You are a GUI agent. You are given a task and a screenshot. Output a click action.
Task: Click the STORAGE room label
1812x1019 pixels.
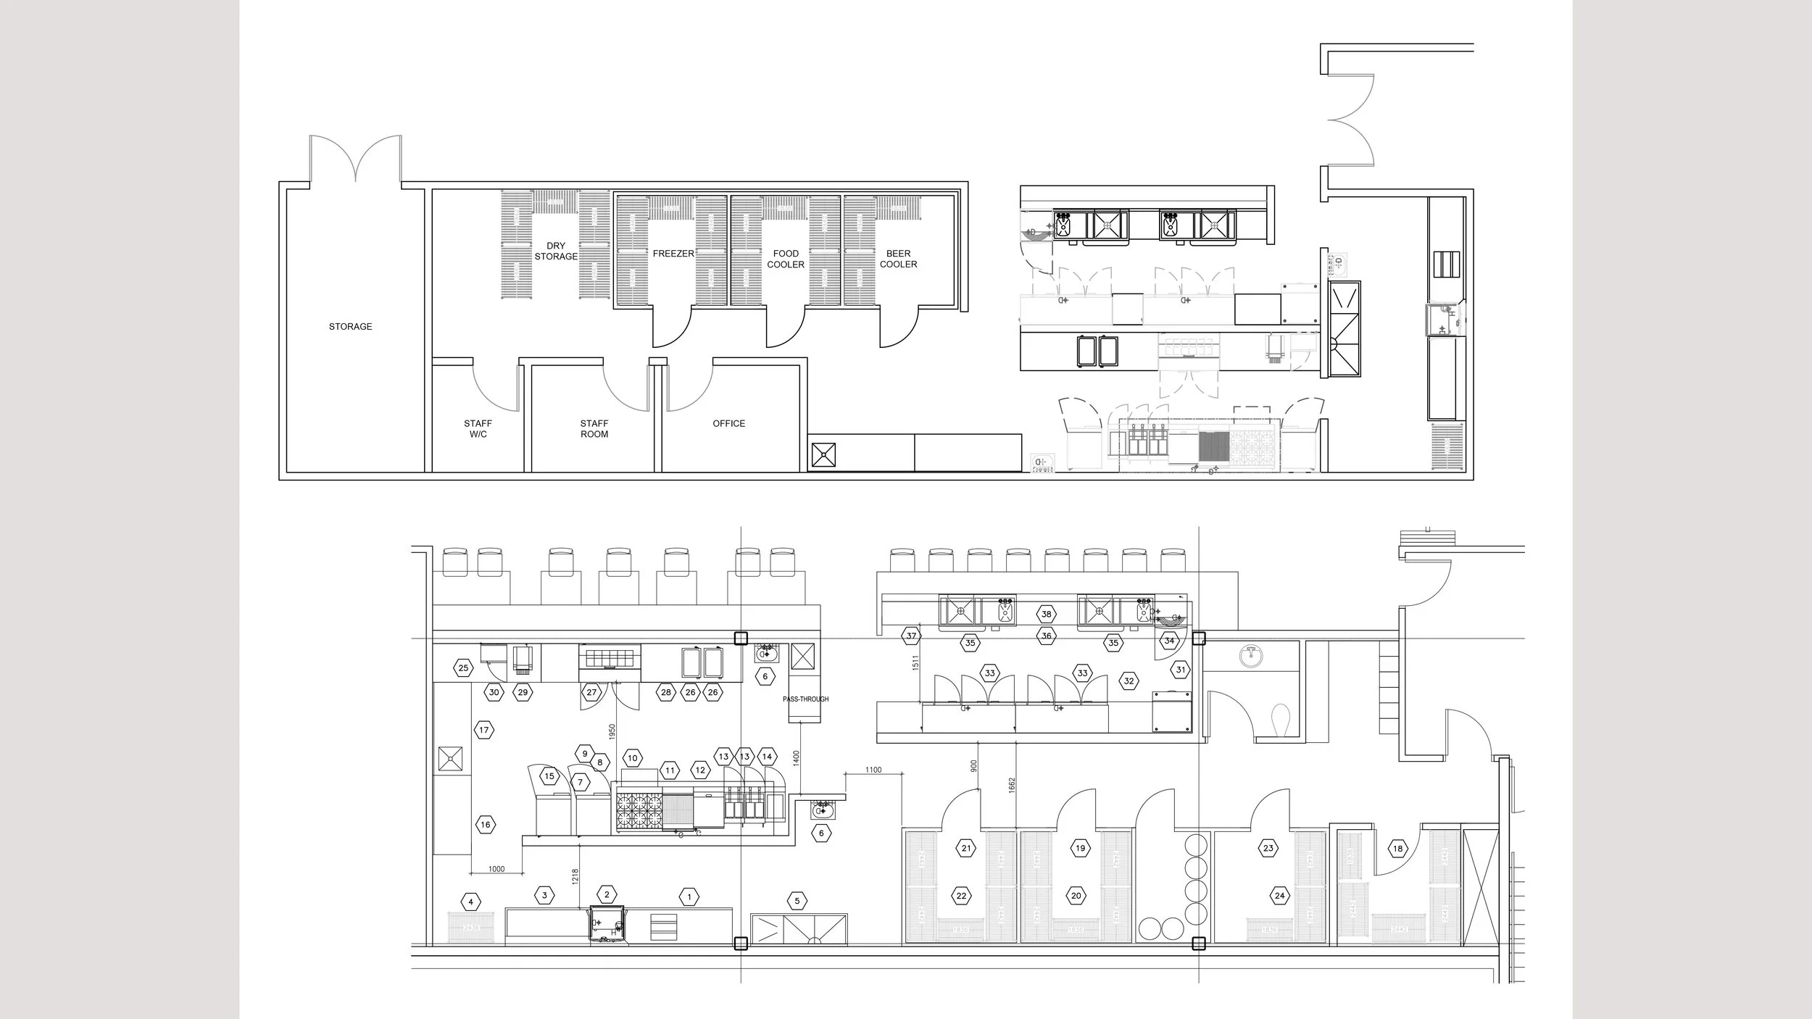[350, 327]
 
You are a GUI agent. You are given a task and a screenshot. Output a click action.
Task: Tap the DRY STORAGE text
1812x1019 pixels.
[556, 251]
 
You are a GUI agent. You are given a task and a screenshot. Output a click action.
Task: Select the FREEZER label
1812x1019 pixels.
[673, 254]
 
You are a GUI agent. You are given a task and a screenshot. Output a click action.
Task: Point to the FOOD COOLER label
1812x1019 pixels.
[786, 259]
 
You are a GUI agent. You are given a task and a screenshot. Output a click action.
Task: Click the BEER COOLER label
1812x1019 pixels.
[898, 259]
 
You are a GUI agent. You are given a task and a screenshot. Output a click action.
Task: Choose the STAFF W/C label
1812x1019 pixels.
[478, 429]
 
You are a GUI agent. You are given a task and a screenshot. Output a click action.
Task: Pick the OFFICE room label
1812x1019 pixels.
[728, 424]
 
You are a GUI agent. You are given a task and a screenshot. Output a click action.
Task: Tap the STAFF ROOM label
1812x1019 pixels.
[594, 429]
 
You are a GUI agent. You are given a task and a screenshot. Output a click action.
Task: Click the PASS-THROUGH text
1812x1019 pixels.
[805, 699]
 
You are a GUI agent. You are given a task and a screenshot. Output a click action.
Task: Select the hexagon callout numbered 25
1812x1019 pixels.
[464, 668]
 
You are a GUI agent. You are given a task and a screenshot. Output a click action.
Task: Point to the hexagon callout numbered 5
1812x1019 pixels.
[797, 902]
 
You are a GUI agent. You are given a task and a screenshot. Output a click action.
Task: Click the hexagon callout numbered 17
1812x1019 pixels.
[484, 730]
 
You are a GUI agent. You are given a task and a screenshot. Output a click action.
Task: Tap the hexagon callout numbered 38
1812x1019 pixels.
[1046, 615]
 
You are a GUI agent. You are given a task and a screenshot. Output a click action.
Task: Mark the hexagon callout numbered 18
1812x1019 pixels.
[1397, 849]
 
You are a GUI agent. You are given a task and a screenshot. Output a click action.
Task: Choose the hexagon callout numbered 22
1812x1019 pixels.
[962, 896]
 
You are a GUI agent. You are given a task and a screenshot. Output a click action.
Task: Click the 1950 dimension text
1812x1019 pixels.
[612, 732]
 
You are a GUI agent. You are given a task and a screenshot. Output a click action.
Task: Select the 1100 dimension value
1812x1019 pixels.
[873, 770]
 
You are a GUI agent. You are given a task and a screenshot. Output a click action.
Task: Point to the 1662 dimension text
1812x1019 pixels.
[1012, 786]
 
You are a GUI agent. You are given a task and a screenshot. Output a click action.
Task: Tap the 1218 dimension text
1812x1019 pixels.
[575, 877]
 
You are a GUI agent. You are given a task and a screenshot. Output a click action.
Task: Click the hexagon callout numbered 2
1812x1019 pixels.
[607, 895]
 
